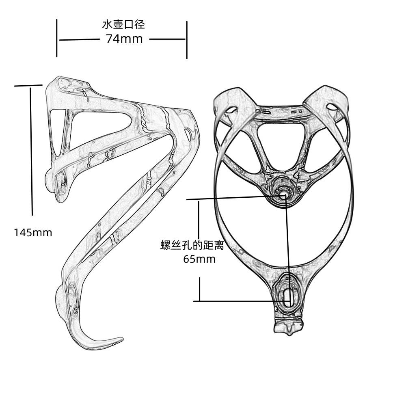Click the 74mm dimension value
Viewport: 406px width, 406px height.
coord(124,39)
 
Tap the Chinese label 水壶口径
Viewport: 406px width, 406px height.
coord(123,25)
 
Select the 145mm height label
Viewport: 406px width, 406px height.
coord(33,233)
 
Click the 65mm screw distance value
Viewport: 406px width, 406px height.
coord(199,259)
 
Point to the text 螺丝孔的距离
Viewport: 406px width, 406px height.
coord(192,245)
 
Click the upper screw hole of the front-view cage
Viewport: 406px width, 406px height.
coord(283,195)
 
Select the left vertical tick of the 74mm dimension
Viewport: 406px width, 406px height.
coord(57,38)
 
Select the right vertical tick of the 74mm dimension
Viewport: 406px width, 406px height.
coord(187,40)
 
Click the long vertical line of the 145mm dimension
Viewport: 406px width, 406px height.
coord(32,151)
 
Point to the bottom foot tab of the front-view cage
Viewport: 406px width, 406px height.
coord(288,327)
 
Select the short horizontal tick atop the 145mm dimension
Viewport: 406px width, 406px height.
coord(28,85)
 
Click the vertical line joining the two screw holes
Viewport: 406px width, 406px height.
coord(287,248)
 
